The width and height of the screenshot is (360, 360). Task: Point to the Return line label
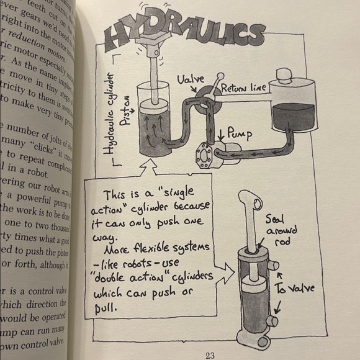point(243,88)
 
